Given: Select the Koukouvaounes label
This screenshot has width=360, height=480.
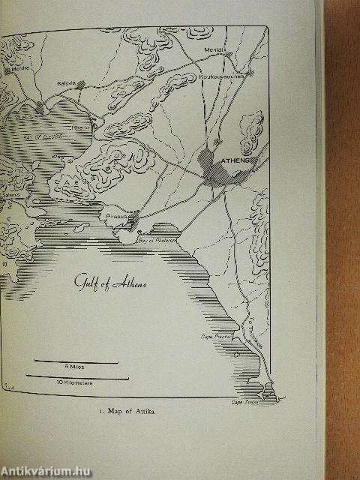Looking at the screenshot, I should click(x=220, y=74).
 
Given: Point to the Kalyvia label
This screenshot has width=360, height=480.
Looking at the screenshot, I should click(x=67, y=84).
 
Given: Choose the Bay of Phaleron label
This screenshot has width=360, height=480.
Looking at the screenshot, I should click(x=157, y=241).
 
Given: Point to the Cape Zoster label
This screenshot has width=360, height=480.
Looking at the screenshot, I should click(x=244, y=403).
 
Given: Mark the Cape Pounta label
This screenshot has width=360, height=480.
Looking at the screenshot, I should click(x=213, y=337).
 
